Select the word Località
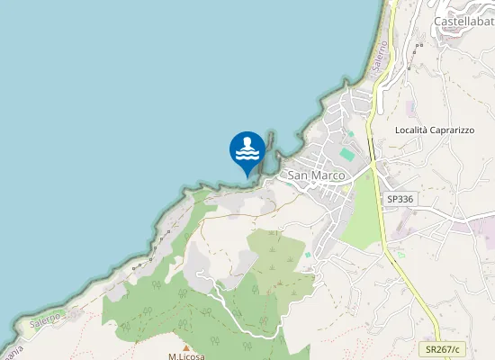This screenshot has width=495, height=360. point(414,130)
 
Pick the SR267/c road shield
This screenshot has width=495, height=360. point(443,348)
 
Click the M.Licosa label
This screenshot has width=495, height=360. point(186,356)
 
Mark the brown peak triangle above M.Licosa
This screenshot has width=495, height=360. point(186,346)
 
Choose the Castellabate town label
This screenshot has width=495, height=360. point(463,21)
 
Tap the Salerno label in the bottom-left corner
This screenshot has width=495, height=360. point(45,319)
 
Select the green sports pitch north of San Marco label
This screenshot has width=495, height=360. point(347,155)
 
